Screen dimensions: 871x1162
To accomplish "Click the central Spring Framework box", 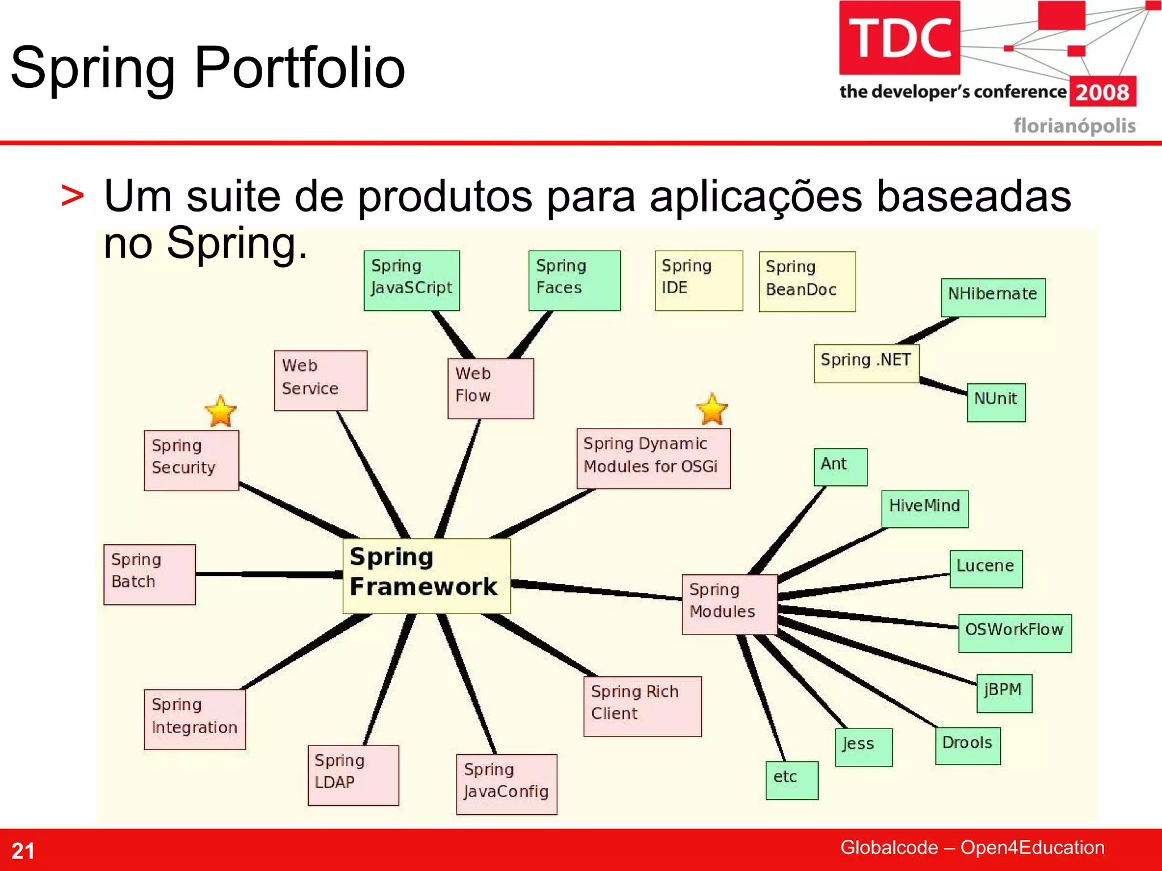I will point(427,576).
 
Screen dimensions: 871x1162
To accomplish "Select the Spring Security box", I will point(191,460).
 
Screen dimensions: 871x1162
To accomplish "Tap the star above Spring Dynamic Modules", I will point(711,409).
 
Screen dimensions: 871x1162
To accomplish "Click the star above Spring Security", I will point(220,411).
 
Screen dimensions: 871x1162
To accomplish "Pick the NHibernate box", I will point(993,297).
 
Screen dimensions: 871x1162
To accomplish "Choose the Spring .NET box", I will point(866,363).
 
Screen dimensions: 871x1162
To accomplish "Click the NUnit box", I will point(996,402).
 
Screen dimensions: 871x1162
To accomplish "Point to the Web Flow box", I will point(490,388).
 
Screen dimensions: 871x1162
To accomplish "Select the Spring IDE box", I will point(698,281).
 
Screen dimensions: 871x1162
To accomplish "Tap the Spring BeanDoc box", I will point(807,281).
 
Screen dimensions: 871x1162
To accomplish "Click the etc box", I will point(791,780).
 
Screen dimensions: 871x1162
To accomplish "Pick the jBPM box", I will point(1004,693).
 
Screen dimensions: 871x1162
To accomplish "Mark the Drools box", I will point(967,746).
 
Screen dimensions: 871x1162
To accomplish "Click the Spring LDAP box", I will point(353,775).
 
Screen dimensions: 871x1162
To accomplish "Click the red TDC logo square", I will point(899,38).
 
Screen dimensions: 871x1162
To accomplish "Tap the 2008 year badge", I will point(1102,92).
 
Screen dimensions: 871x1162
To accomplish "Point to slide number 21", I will point(23,851).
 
